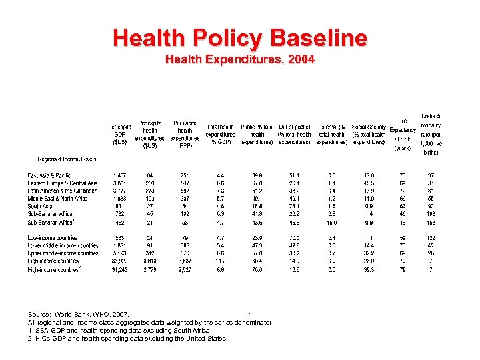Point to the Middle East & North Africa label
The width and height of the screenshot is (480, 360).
pyautogui.click(x=58, y=199)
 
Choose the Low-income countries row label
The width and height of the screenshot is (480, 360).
pyautogui.click(x=53, y=238)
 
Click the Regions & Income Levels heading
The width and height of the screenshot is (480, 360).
pyautogui.click(x=67, y=159)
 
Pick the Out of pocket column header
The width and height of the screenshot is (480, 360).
pyautogui.click(x=294, y=134)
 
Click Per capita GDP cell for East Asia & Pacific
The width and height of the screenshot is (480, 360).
pyautogui.click(x=121, y=175)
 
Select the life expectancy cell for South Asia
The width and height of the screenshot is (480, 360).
pyautogui.click(x=402, y=207)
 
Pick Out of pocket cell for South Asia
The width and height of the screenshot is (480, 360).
pyautogui.click(x=294, y=207)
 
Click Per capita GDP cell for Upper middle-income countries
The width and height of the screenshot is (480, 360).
pyautogui.click(x=121, y=253)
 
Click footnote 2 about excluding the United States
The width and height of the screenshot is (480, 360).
pyautogui.click(x=127, y=338)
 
